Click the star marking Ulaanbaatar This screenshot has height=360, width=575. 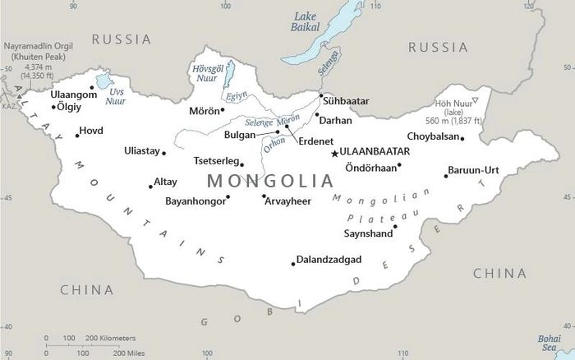(334, 153)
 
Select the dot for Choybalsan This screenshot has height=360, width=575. (462, 138)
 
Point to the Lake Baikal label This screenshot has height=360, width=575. (306, 21)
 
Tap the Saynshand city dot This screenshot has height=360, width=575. (395, 226)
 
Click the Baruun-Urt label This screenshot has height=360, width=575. (473, 170)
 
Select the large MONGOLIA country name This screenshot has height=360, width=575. (270, 180)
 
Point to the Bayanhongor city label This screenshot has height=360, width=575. (194, 200)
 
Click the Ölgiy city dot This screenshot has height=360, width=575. (54, 107)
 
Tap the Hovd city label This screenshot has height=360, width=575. (91, 131)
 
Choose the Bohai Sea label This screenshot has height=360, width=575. (550, 341)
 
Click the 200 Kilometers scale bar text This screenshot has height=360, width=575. (111, 338)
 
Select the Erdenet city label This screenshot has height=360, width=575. (316, 141)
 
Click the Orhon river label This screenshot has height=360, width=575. (274, 141)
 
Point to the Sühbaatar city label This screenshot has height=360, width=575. (346, 101)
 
